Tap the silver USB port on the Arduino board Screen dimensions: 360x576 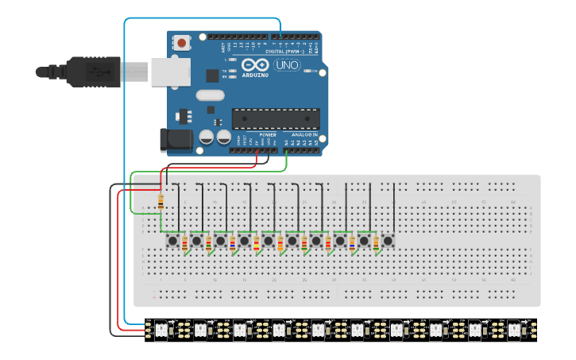pos(170,72)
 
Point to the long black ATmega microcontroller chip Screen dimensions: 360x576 pos(276,118)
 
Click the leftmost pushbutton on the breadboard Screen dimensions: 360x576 pos(172,240)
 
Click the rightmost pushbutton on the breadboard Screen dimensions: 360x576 pos(388,240)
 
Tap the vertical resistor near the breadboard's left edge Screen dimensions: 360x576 pos(161,201)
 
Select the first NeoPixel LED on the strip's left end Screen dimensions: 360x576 pos(160,328)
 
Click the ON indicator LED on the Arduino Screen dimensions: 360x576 pos(315,72)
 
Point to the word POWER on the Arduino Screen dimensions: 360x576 pos(268,135)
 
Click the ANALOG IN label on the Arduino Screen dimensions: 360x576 pos(303,135)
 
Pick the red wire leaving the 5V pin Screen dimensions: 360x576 pos(256,160)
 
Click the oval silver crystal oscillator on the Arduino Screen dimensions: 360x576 pos(210,95)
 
